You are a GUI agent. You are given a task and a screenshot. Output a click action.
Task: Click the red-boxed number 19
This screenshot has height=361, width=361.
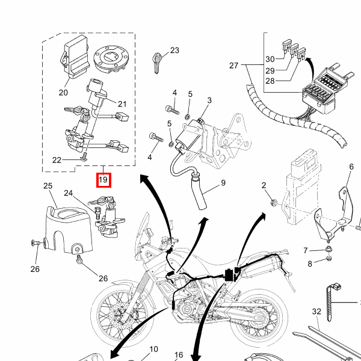pyautogui.click(x=103, y=179)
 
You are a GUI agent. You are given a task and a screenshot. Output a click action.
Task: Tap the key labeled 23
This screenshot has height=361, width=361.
pyautogui.click(x=158, y=62)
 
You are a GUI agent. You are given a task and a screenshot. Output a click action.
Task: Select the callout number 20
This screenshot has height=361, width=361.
pyautogui.click(x=63, y=93)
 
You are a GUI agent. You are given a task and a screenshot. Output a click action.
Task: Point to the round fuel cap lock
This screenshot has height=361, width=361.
pyautogui.click(x=111, y=58)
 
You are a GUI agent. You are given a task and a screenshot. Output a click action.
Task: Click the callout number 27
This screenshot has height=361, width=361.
pyautogui.click(x=234, y=65)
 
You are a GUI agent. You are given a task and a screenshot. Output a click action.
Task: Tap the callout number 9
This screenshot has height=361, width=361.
pyautogui.click(x=223, y=182)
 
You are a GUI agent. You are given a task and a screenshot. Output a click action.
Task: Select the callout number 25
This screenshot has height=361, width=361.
pyautogui.click(x=48, y=187)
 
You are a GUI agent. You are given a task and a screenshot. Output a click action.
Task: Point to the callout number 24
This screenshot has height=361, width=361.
pyautogui.click(x=69, y=194)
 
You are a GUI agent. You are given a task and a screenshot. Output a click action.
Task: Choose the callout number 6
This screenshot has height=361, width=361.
pyautogui.click(x=351, y=167)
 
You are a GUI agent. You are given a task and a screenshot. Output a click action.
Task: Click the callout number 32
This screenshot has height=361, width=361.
pyautogui.click(x=316, y=311)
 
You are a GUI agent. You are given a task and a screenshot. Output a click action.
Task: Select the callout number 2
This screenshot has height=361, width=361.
pyautogui.click(x=264, y=185)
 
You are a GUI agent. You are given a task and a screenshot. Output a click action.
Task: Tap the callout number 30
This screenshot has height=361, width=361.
pyautogui.click(x=270, y=59)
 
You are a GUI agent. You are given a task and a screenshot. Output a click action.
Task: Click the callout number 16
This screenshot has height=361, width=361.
pyautogui.click(x=179, y=355)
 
